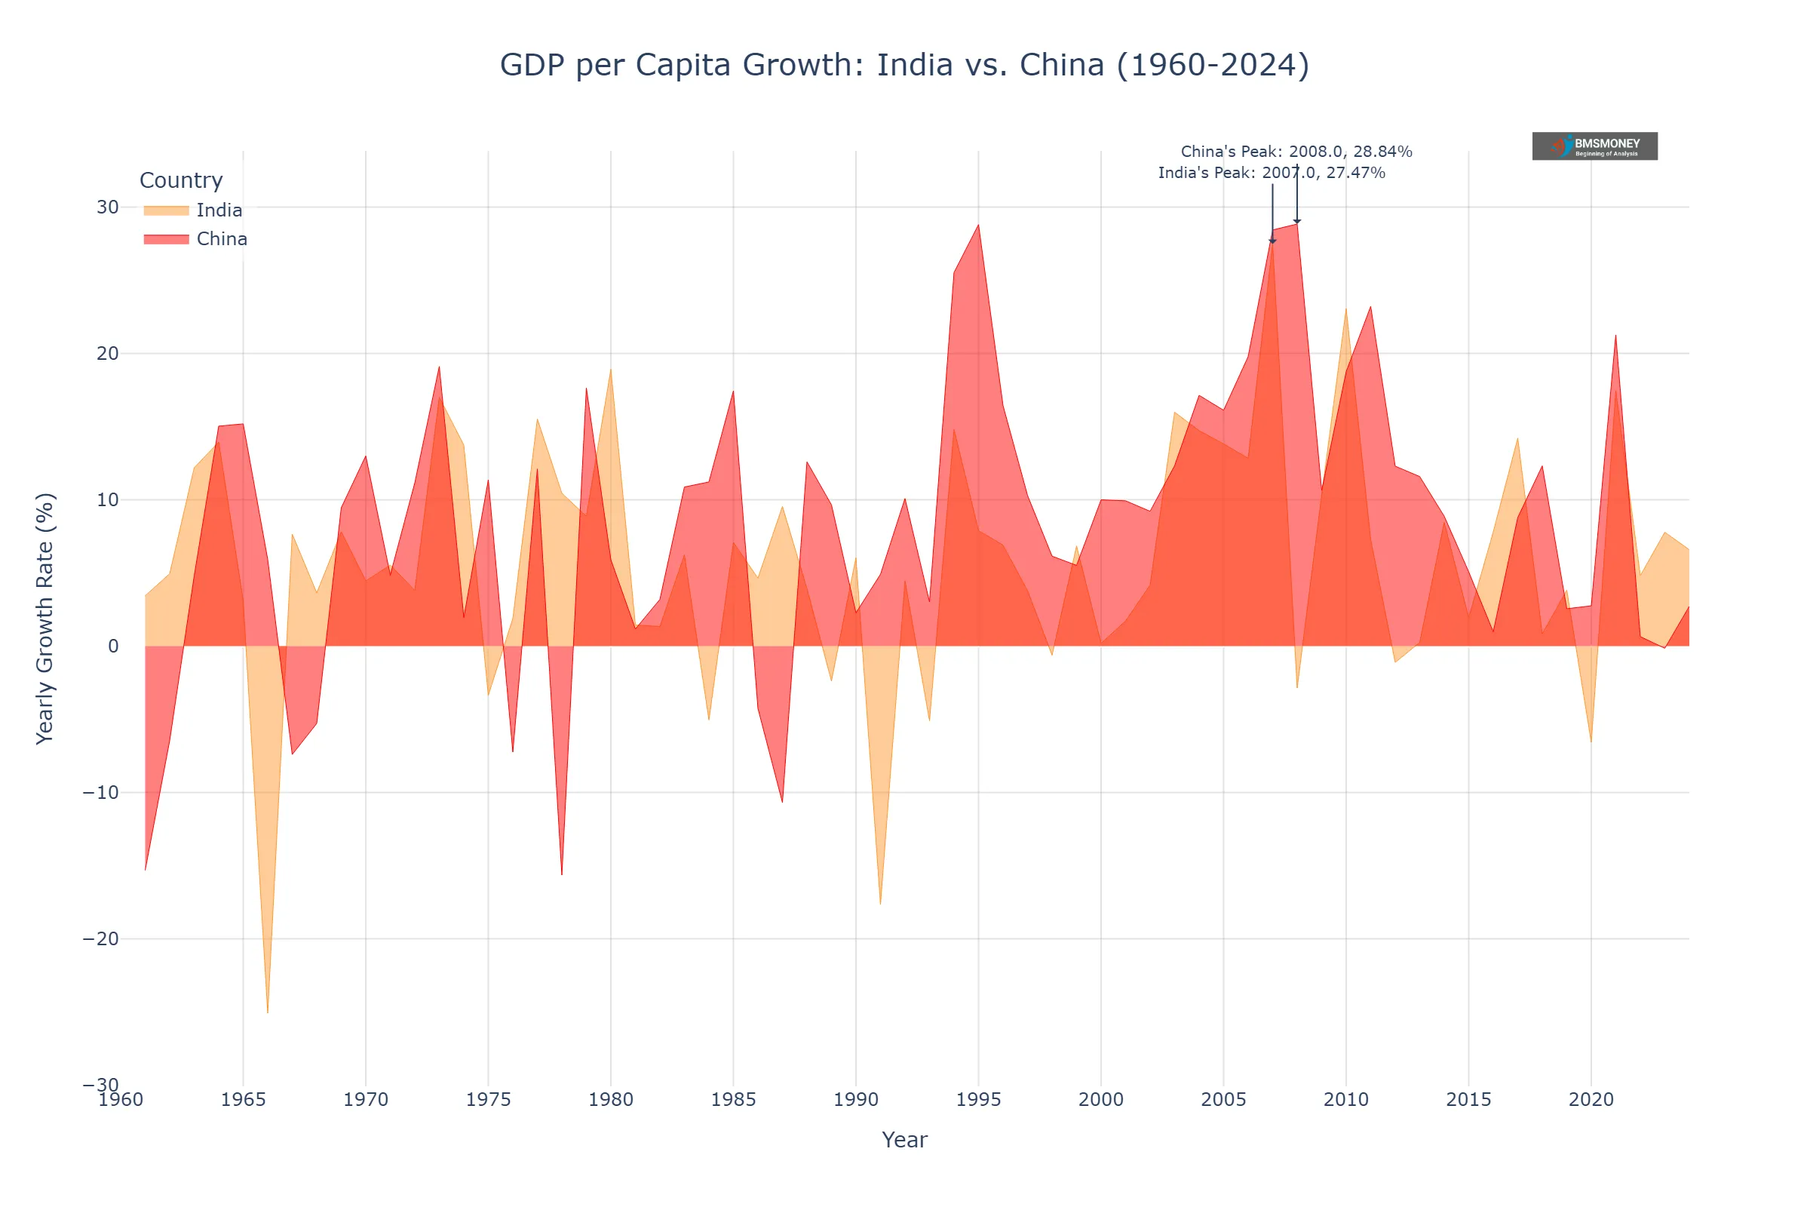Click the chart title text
coord(904,65)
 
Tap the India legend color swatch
coord(166,210)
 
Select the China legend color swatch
coord(166,239)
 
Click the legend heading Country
coord(181,180)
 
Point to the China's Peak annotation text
coord(1296,152)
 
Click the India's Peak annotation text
coord(1272,173)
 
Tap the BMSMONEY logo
coord(1594,146)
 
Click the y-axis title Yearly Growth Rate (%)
coord(44,618)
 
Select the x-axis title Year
coord(904,1139)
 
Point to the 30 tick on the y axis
coord(108,207)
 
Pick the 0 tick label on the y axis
coord(113,646)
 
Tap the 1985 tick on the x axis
coord(732,1099)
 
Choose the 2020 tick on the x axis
coord(1591,1099)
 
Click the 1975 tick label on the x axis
coord(488,1099)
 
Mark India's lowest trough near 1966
coord(268,1012)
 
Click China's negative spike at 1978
coord(562,874)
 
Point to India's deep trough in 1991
coord(880,903)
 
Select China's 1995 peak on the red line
coord(978,226)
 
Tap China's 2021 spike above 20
coord(1615,336)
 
